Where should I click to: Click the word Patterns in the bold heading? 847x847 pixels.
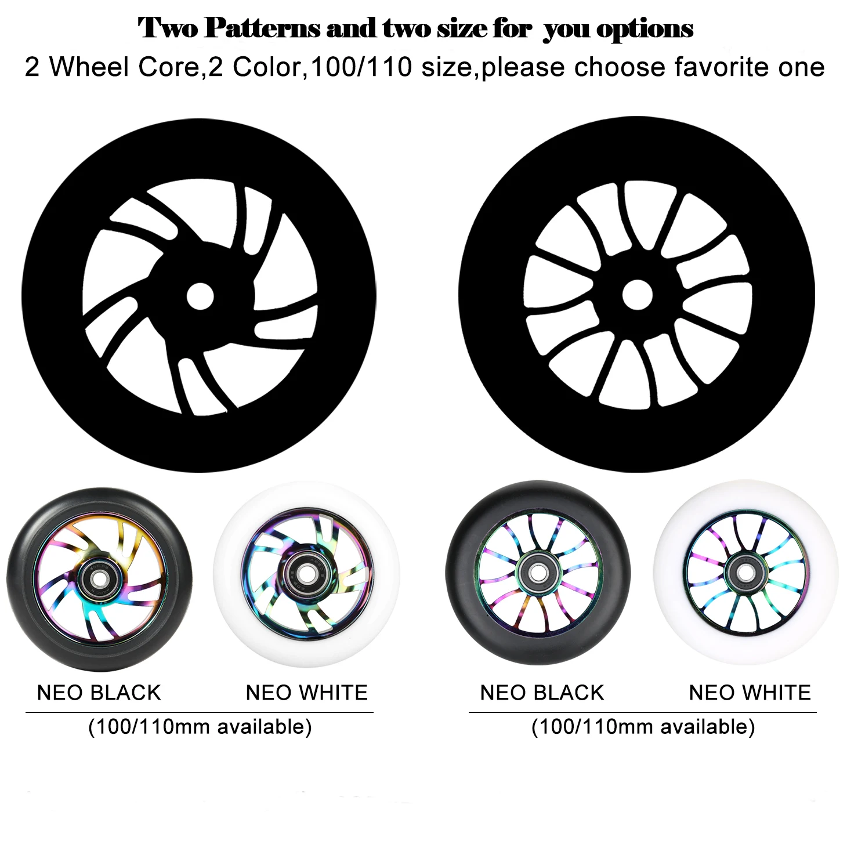(x=262, y=28)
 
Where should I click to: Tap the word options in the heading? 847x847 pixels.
(x=645, y=29)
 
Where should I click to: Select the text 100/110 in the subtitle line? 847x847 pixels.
(x=361, y=67)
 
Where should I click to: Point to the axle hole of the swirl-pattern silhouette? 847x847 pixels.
(x=200, y=296)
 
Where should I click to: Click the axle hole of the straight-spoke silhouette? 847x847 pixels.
(x=637, y=295)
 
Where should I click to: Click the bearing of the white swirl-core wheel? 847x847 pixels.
(x=307, y=573)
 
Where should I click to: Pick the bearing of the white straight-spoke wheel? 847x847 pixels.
(x=746, y=572)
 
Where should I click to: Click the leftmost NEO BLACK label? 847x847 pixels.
(x=99, y=693)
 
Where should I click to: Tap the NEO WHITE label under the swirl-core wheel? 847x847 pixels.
(x=307, y=693)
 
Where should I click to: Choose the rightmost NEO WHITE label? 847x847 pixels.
(x=750, y=693)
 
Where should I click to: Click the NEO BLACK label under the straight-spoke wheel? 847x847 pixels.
(x=542, y=693)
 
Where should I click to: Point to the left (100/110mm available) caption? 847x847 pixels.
(x=200, y=726)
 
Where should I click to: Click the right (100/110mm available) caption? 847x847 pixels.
(x=643, y=726)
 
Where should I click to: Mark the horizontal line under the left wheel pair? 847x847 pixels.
(x=200, y=712)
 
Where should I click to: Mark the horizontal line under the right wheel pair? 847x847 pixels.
(x=643, y=712)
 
